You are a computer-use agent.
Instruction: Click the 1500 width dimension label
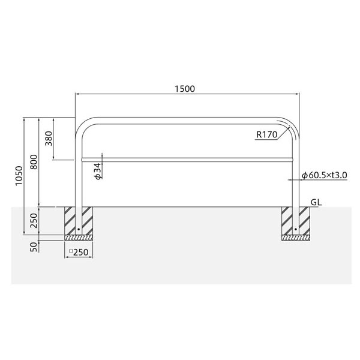185,89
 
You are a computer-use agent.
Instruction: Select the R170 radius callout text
267,134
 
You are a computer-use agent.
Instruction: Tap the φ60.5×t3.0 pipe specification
325,175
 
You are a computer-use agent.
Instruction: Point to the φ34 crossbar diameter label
98,171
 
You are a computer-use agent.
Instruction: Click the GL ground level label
316,202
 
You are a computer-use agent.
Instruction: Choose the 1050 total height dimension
19,176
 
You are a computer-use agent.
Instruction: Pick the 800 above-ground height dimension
34,162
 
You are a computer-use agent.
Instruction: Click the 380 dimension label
49,139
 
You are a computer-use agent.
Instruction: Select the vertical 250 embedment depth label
34,221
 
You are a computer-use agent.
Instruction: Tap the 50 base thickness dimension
34,247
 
